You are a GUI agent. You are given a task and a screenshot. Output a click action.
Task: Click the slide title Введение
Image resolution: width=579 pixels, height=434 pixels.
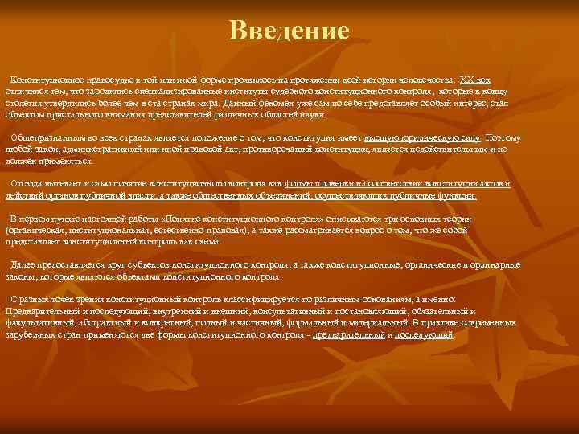pos(289,31)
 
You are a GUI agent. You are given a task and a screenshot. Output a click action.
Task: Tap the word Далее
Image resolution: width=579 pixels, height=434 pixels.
pos(23,264)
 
